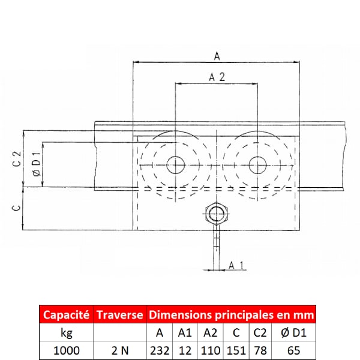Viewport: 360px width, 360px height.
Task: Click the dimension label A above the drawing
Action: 217,56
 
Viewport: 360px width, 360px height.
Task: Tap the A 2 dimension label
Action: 217,77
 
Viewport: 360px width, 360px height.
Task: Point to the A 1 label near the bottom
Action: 236,265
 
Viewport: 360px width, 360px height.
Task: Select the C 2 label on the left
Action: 17,158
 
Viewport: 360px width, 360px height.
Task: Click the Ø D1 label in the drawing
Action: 37,164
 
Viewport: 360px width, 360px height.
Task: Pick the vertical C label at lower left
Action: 17,208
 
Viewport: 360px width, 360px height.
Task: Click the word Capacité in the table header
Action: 66,315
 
